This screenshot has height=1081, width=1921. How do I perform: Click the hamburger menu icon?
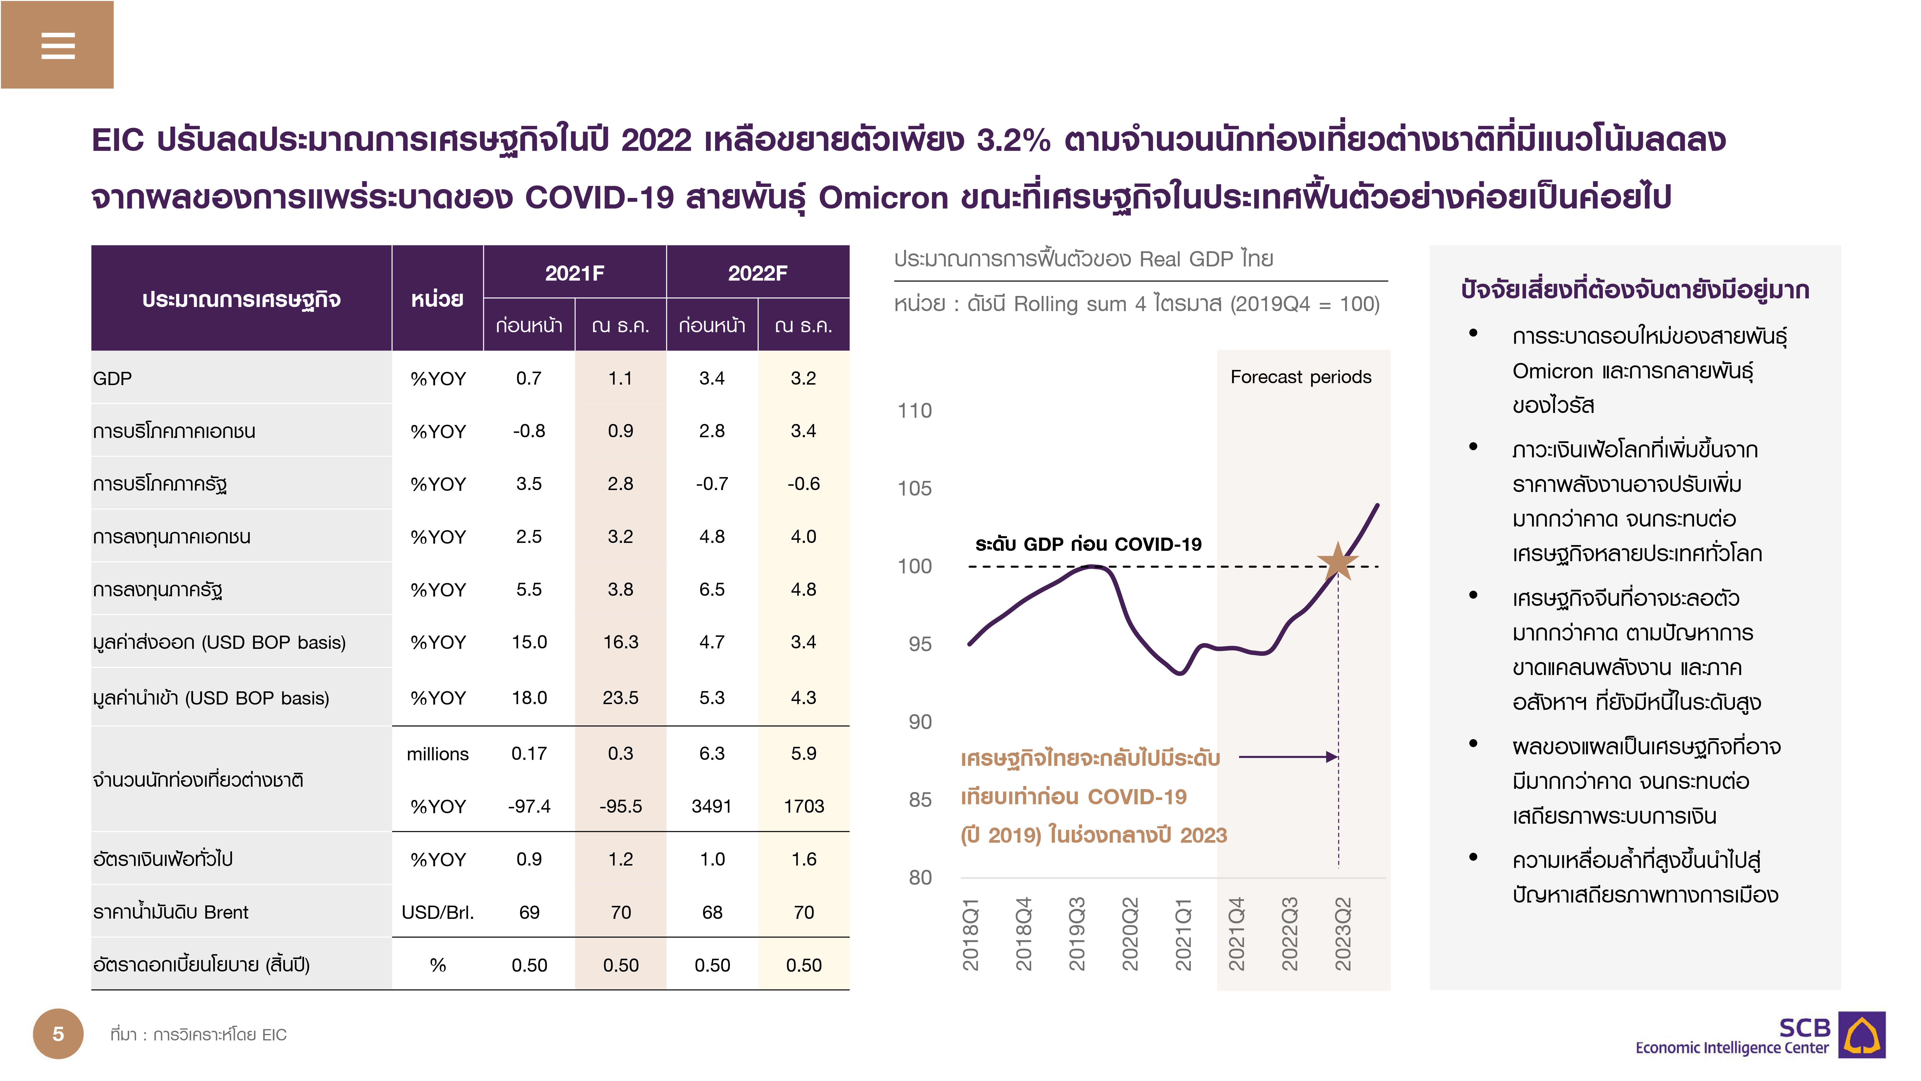pyautogui.click(x=57, y=45)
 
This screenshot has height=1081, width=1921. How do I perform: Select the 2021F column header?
pyautogui.click(x=574, y=273)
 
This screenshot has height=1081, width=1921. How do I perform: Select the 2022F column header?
pyautogui.click(x=757, y=273)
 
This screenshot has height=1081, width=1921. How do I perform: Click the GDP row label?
pyautogui.click(x=113, y=378)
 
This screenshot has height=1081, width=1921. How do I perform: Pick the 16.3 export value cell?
pyautogui.click(x=620, y=642)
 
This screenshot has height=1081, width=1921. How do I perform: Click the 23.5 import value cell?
pyautogui.click(x=620, y=698)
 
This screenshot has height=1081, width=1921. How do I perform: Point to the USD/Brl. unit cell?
pyautogui.click(x=438, y=912)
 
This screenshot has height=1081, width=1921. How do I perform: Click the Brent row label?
pyautogui.click(x=171, y=912)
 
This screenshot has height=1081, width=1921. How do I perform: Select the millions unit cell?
pyautogui.click(x=438, y=754)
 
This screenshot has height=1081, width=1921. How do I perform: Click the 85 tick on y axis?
pyautogui.click(x=919, y=800)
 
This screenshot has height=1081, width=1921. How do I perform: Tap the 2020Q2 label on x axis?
pyautogui.click(x=1130, y=934)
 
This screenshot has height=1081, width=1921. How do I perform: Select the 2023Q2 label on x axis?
pyautogui.click(x=1342, y=934)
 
